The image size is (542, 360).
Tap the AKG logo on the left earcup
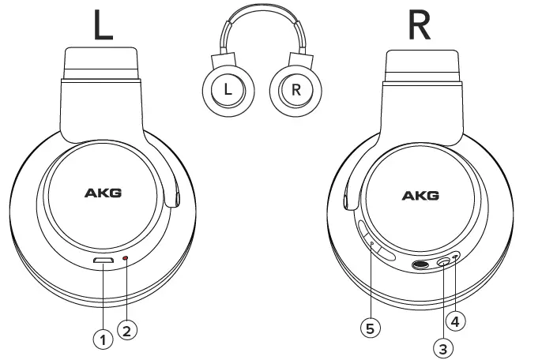tap(103, 193)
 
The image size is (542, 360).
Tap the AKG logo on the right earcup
tap(420, 195)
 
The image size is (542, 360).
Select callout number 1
tap(100, 339)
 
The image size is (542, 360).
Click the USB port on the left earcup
tap(103, 261)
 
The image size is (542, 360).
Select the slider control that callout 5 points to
tap(371, 239)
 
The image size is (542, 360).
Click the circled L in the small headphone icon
tap(228, 89)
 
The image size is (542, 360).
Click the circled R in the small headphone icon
tap(295, 89)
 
